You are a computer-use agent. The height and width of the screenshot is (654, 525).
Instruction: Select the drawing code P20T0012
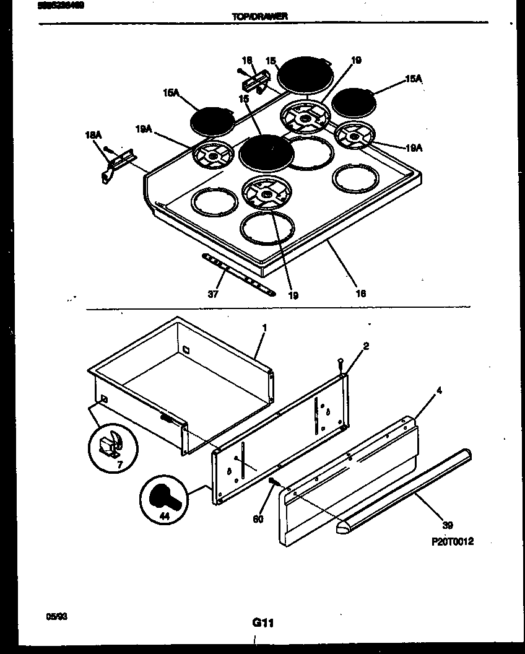(452, 541)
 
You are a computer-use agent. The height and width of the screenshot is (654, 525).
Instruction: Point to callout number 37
(212, 294)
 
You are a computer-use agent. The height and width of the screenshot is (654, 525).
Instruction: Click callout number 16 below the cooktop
(360, 293)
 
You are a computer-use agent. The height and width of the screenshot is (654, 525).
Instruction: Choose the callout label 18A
(93, 134)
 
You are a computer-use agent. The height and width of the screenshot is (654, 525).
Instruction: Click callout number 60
(258, 519)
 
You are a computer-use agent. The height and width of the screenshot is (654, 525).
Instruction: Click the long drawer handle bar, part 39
(402, 489)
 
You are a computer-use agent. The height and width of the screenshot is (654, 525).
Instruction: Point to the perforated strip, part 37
(238, 275)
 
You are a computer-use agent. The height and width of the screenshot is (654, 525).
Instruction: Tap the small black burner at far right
(353, 101)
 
